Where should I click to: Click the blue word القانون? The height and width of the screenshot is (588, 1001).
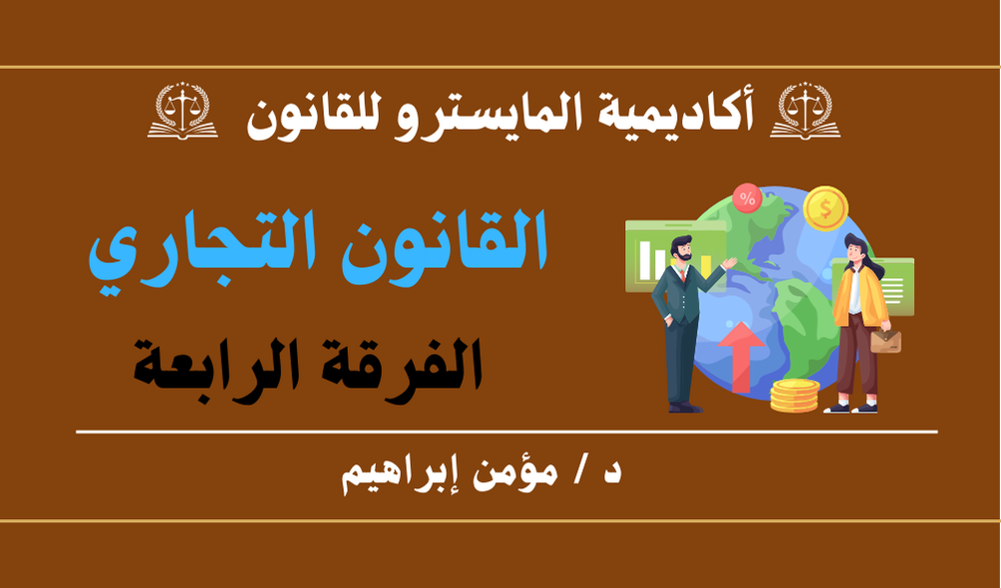point(443,241)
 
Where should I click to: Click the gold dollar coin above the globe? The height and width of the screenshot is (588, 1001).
point(826,208)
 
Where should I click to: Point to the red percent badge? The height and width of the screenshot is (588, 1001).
point(747,198)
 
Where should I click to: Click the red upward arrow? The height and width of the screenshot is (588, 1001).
point(741,357)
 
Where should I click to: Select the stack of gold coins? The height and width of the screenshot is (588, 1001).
point(795,396)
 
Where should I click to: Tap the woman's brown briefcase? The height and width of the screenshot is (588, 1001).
point(885,341)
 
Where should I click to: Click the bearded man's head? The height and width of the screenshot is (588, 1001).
point(681,248)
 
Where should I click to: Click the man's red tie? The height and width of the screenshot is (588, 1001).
point(683,274)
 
